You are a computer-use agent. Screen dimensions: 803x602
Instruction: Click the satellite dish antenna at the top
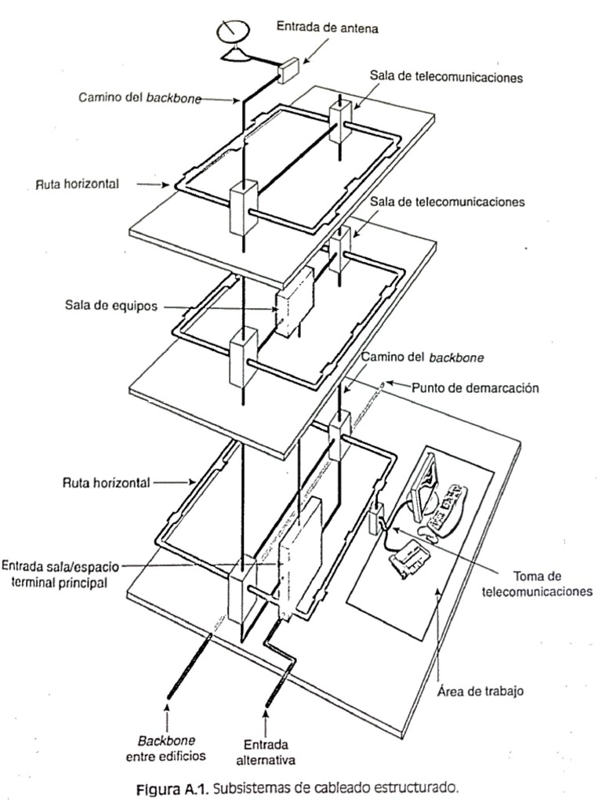click(231, 35)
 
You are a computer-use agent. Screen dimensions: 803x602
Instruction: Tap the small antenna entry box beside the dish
click(288, 71)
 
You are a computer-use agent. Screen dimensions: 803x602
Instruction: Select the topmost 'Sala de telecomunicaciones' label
click(446, 78)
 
